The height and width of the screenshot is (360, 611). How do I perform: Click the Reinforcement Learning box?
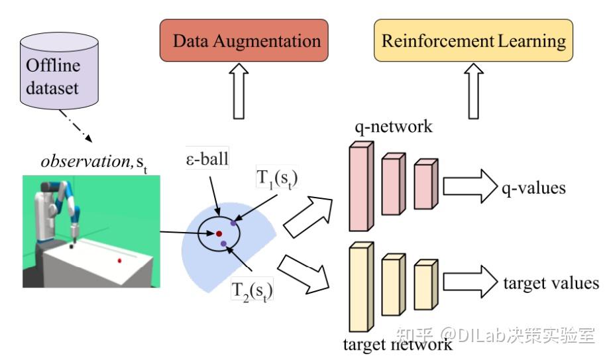[x=472, y=41]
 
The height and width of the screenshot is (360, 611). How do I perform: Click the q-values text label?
[x=533, y=188]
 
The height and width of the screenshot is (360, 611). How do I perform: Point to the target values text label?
[x=551, y=284]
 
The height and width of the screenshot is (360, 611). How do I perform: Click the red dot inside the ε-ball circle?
[x=218, y=233]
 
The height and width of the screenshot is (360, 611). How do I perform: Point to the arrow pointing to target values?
[x=470, y=283]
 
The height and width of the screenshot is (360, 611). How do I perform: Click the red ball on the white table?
[x=120, y=261]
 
